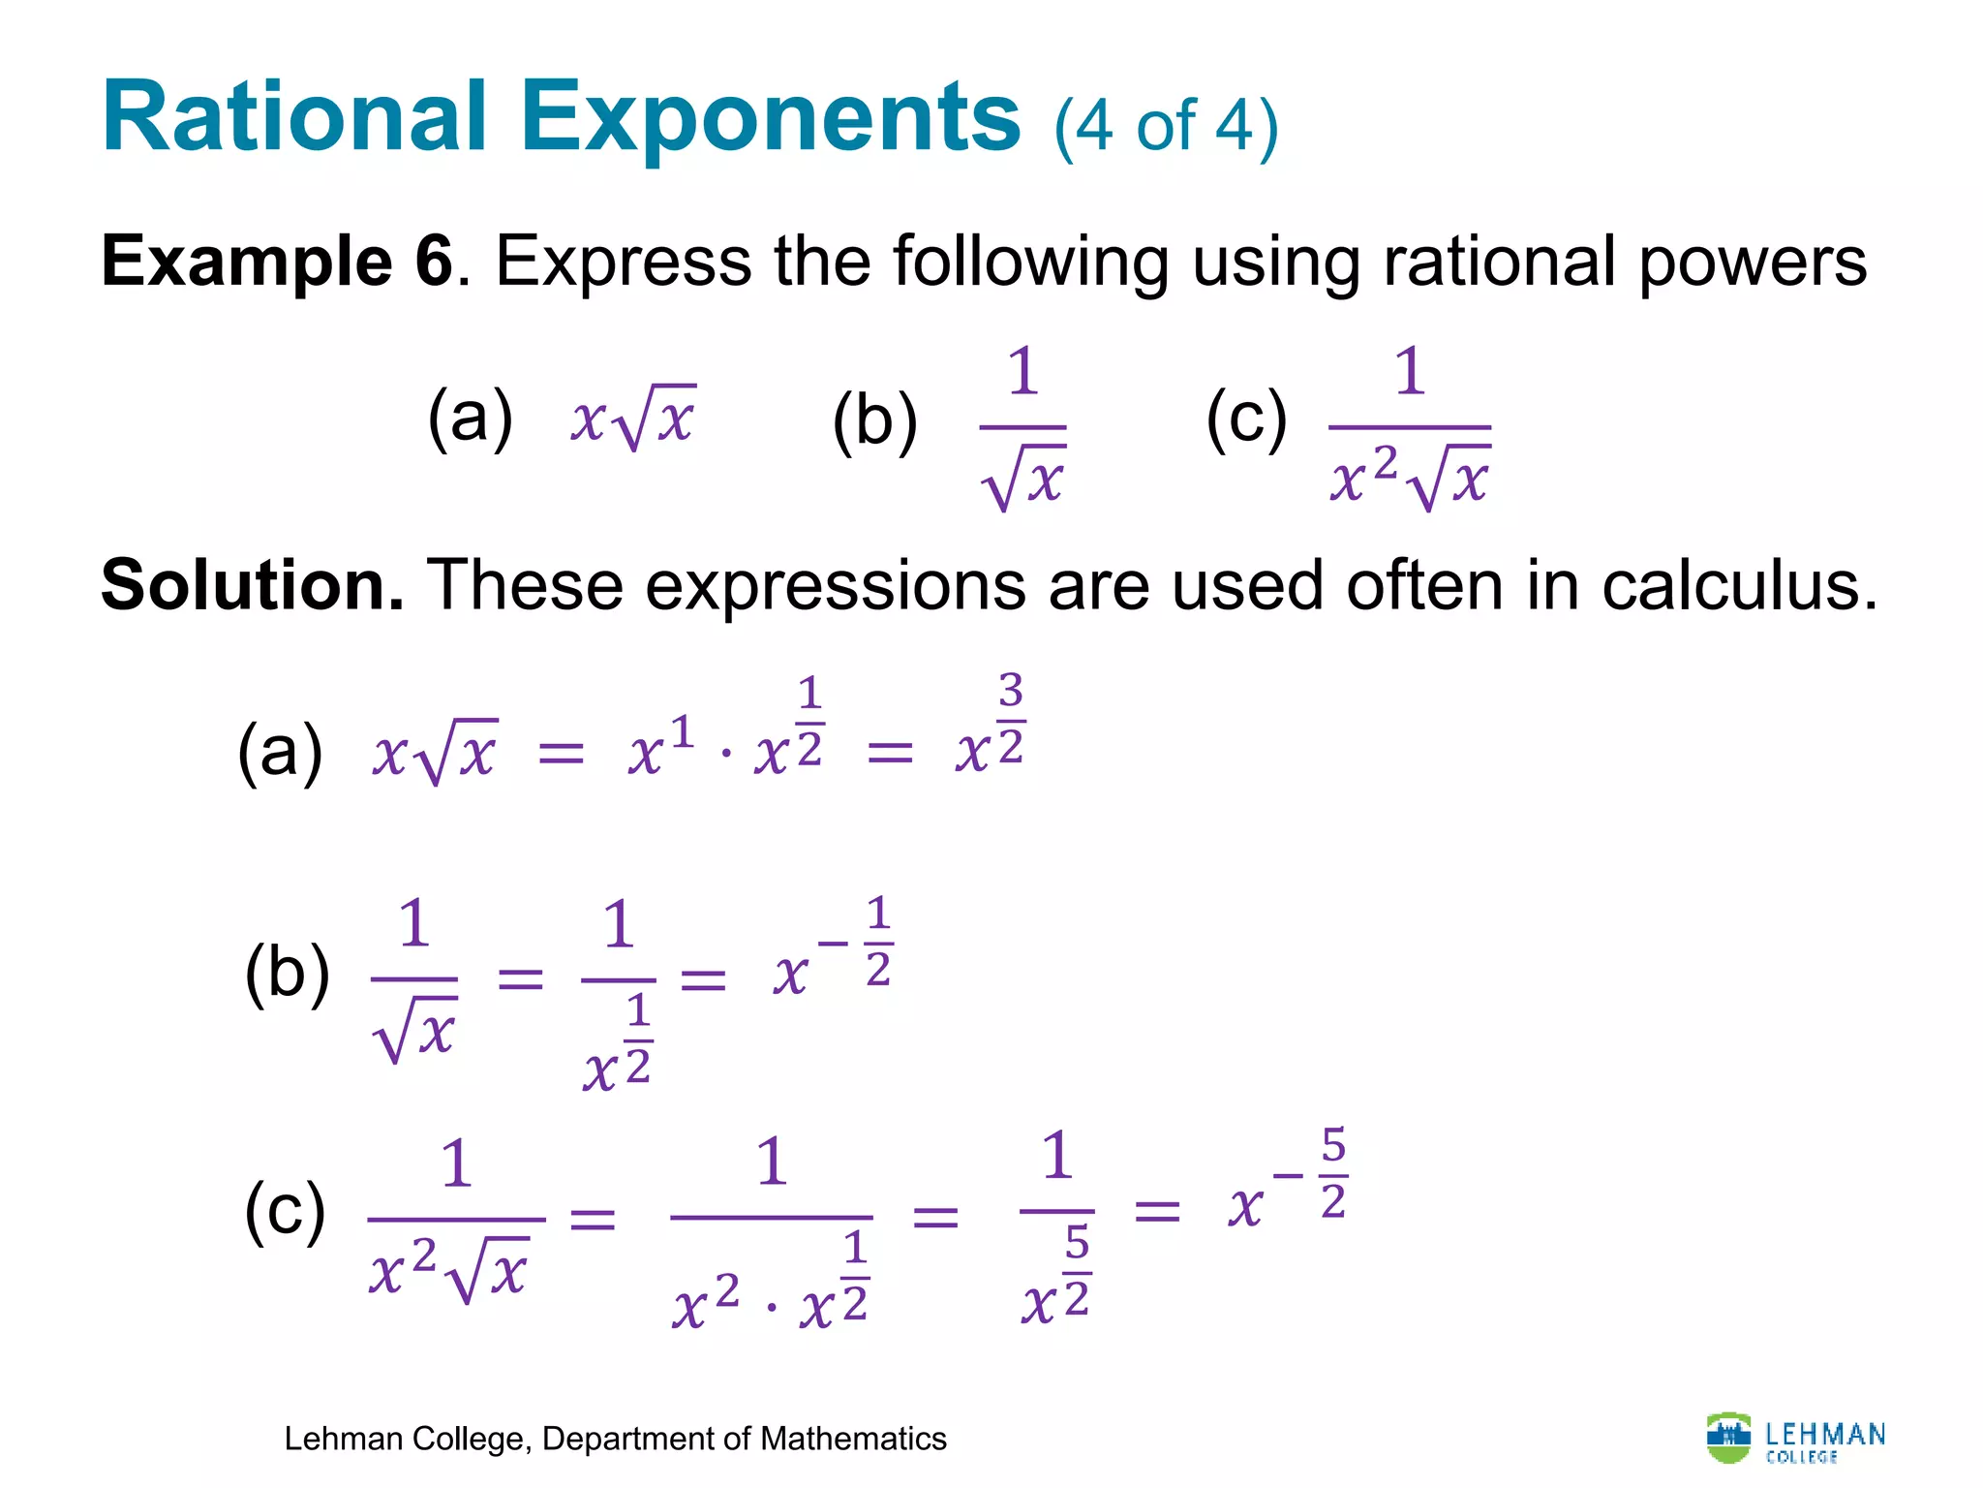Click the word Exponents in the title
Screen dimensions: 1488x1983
click(771, 118)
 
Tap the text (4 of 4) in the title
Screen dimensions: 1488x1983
click(1166, 128)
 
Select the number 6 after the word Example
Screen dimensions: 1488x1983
click(434, 262)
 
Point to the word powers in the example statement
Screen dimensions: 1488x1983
click(1753, 263)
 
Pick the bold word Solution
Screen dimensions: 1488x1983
click(252, 586)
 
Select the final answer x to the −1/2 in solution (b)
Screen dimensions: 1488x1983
click(833, 954)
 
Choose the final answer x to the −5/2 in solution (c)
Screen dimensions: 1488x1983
click(1288, 1187)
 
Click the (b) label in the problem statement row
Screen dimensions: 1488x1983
click(874, 421)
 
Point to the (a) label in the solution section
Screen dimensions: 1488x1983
click(280, 752)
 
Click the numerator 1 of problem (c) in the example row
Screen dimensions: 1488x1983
click(1410, 372)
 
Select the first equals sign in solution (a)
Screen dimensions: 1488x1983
click(562, 753)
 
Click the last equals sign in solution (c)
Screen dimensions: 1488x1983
click(1157, 1211)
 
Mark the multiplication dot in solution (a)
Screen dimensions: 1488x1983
click(726, 755)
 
